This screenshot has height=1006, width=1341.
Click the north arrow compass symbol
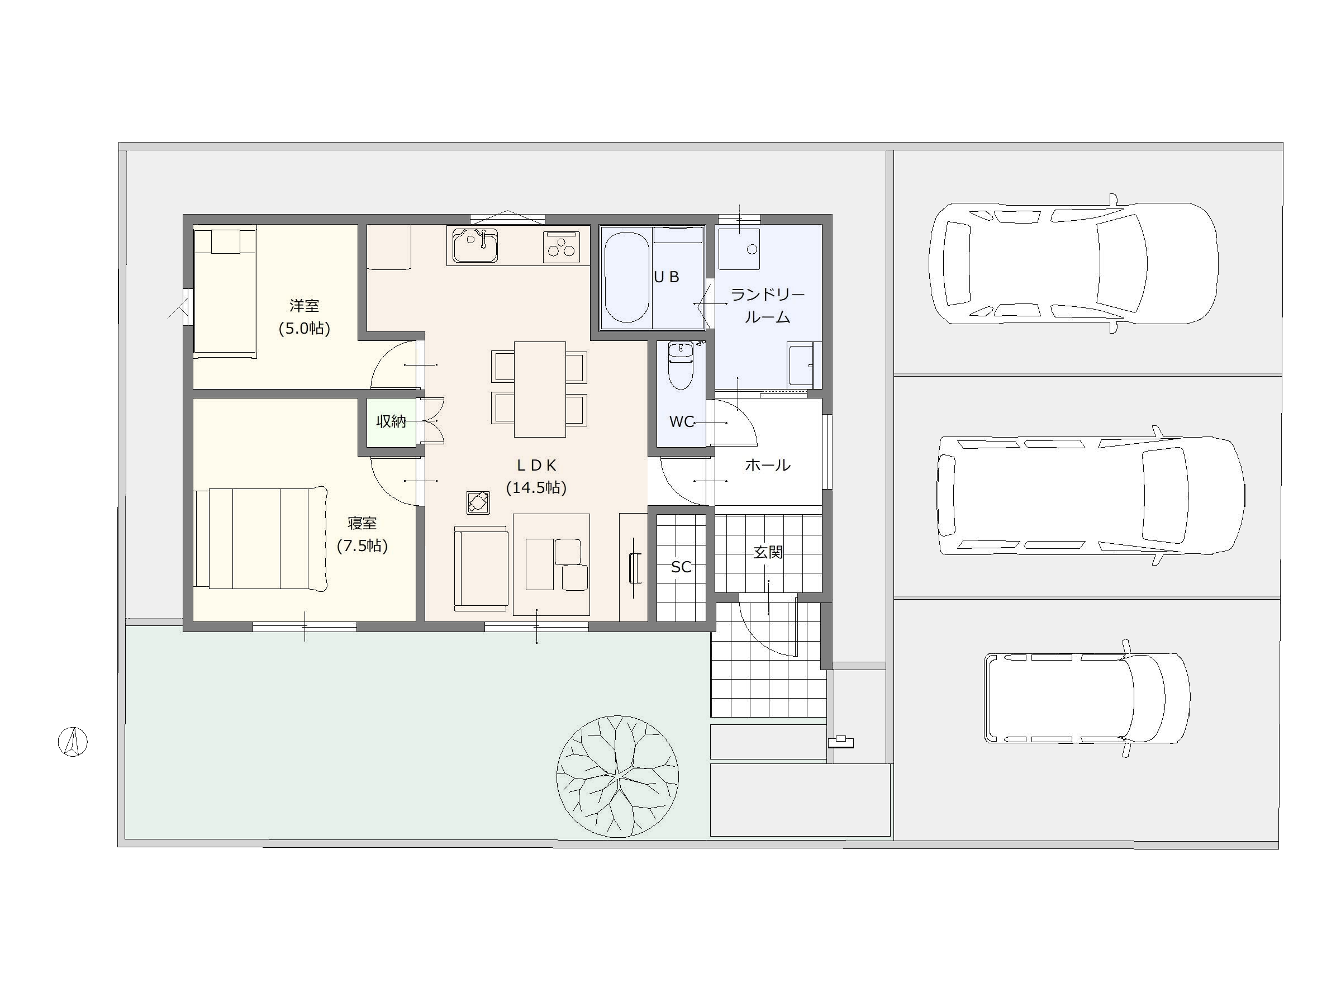73,742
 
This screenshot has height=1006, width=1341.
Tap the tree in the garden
617,776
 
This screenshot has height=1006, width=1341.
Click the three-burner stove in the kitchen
562,247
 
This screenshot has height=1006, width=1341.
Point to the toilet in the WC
680,365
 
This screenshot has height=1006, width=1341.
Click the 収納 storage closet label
391,421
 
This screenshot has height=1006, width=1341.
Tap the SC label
681,567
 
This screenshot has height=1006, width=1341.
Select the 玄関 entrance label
768,552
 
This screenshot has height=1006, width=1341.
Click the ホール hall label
768,465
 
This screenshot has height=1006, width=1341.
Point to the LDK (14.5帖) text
536,476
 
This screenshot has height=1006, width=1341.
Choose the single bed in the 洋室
225,291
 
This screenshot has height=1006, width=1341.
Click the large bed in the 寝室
261,538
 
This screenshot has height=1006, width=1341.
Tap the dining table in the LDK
540,390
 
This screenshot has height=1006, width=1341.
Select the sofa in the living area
481,568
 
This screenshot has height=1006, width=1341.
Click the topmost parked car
1074,264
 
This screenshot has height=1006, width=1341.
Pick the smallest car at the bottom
1086,699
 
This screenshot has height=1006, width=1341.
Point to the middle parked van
1091,495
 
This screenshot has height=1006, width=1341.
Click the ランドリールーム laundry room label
768,306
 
